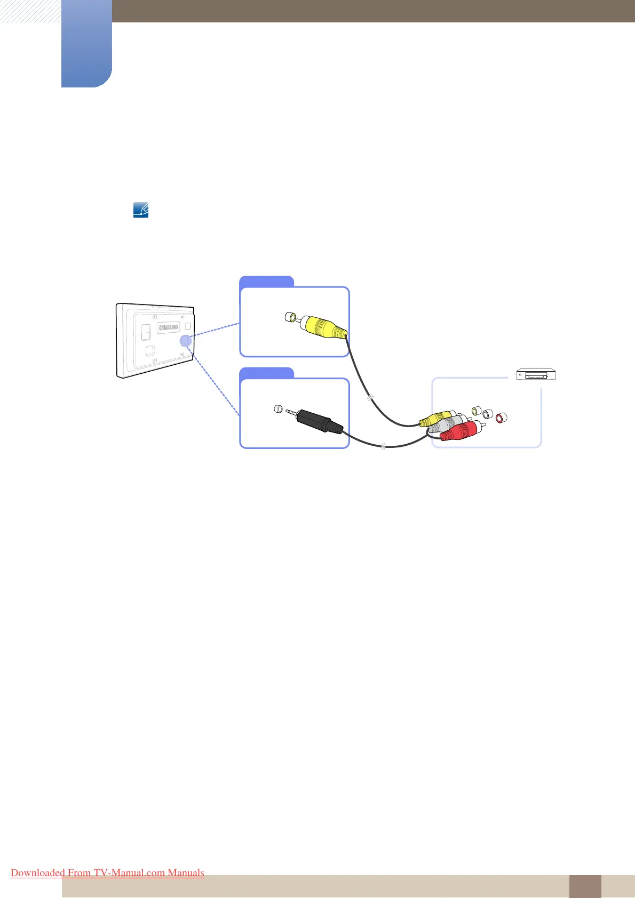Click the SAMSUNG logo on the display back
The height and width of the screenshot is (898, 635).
pyautogui.click(x=169, y=327)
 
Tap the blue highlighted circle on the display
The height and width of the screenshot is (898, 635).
pyautogui.click(x=185, y=340)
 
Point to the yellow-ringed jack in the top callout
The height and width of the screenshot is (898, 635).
pyautogui.click(x=290, y=318)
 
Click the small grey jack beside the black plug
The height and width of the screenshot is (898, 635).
pyautogui.click(x=278, y=410)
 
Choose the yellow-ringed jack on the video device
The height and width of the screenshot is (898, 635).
pyautogui.click(x=477, y=411)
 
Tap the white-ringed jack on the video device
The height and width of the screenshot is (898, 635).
pyautogui.click(x=488, y=414)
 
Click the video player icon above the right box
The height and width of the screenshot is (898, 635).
pyautogui.click(x=536, y=375)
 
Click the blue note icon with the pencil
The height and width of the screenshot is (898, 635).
pyautogui.click(x=141, y=210)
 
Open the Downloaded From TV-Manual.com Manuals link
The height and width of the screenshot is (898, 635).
pyautogui.click(x=107, y=872)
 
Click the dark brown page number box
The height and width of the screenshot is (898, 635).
pyautogui.click(x=585, y=886)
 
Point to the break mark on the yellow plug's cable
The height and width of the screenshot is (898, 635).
pyautogui.click(x=370, y=397)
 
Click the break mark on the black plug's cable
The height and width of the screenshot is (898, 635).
pyautogui.click(x=383, y=446)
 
